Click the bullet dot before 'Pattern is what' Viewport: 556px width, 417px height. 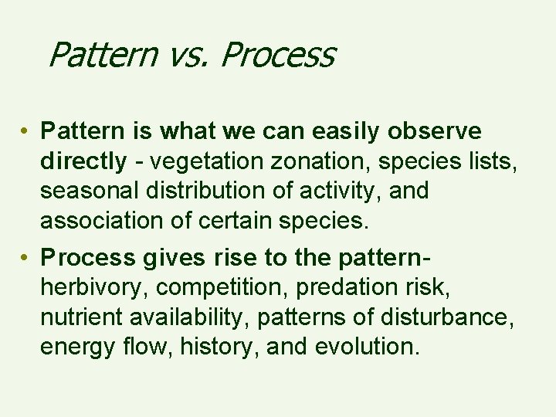26,132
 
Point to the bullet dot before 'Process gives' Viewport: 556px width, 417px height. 26,257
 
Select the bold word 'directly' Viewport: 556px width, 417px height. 83,161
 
